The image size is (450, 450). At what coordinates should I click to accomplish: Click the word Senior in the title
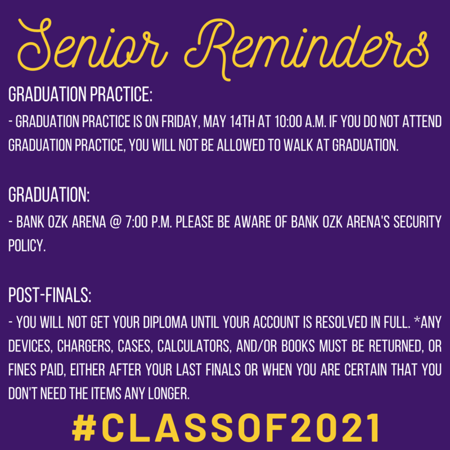(92, 44)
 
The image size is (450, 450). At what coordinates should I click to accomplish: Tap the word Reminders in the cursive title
(307, 49)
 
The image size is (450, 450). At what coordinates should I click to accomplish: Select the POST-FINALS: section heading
(49, 295)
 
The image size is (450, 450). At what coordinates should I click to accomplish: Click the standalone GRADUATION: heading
(49, 195)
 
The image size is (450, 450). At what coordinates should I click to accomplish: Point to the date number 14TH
(242, 121)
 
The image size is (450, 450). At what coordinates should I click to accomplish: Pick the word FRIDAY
(181, 122)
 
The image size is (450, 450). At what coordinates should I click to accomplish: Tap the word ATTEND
(422, 121)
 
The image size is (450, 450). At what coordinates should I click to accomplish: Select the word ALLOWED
(241, 145)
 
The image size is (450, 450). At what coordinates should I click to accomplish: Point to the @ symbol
(116, 222)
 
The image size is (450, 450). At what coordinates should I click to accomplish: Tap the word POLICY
(27, 246)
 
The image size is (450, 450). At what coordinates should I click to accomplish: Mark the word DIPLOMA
(165, 322)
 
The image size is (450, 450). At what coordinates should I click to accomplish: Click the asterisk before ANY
(417, 320)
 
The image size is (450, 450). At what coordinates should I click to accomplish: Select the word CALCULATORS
(194, 346)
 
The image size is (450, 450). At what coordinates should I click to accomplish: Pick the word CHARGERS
(84, 346)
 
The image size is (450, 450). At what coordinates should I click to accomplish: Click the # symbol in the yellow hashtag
(84, 427)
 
